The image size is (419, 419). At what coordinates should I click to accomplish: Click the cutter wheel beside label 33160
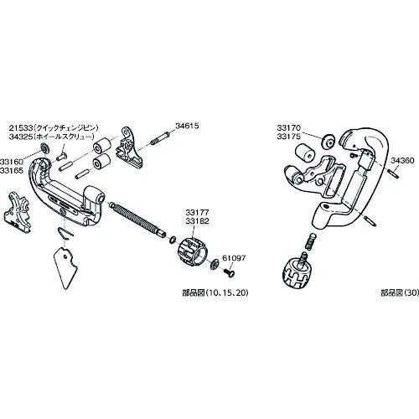click(43, 151)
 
